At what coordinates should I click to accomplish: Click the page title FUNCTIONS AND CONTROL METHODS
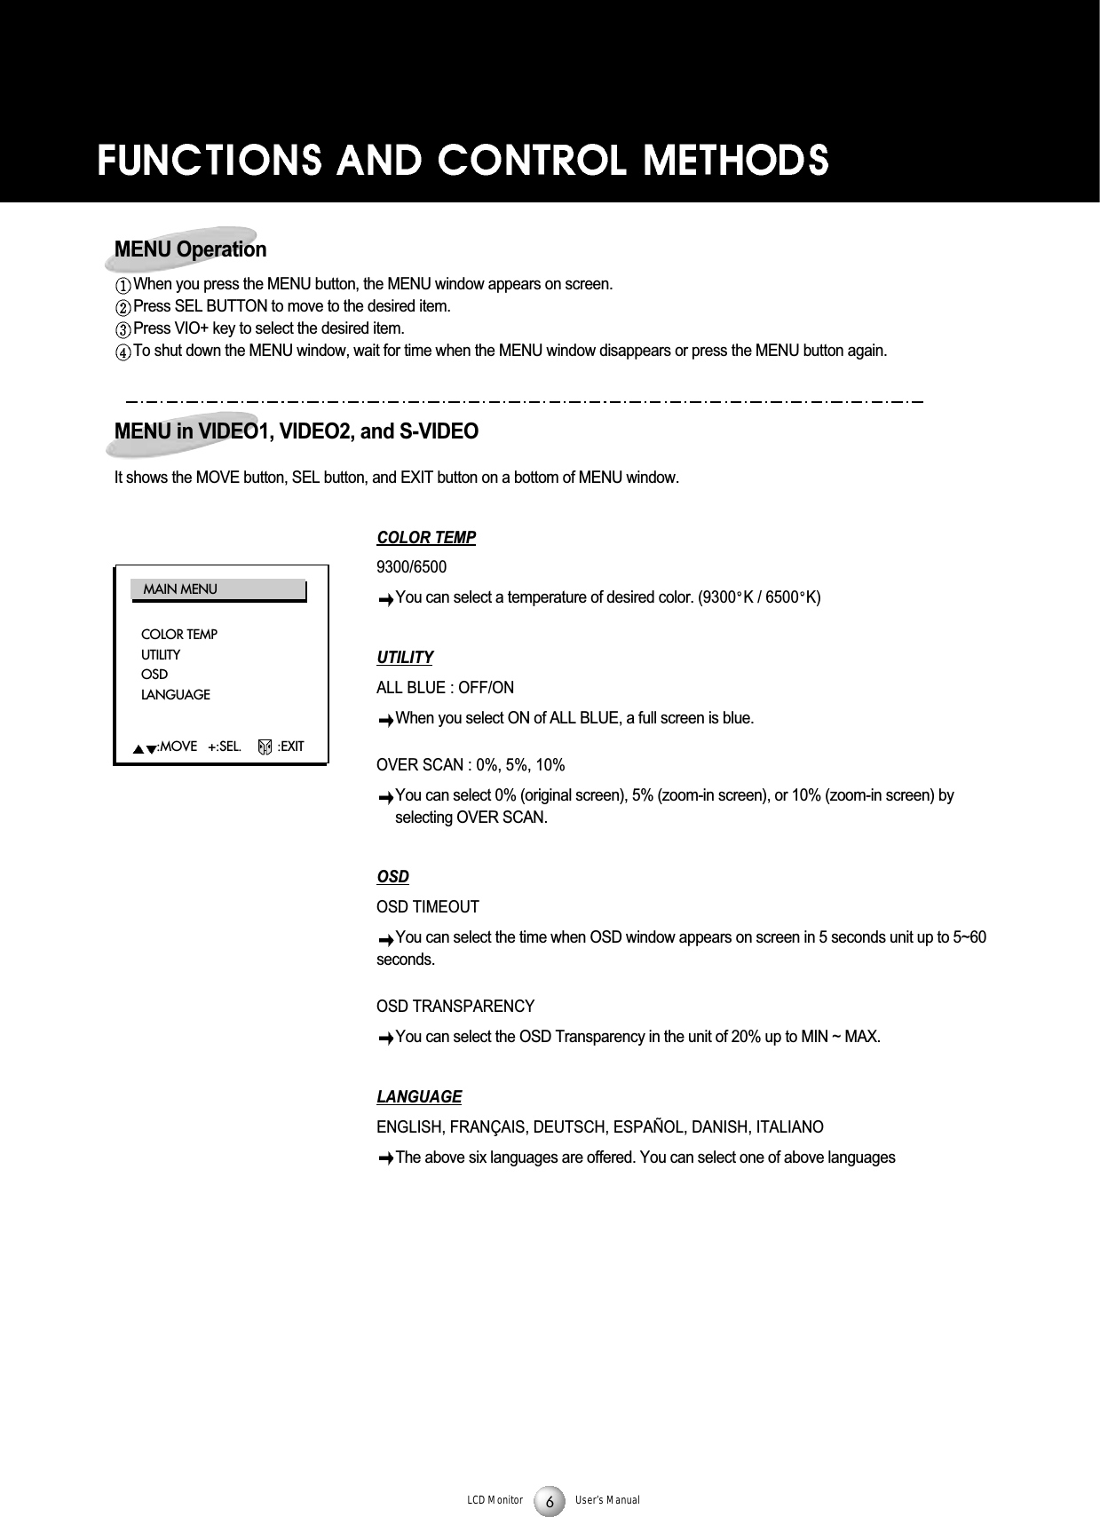pyautogui.click(x=463, y=162)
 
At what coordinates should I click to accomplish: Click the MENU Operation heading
pyautogui.click(x=190, y=249)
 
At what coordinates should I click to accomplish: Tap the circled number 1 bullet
pyautogui.click(x=123, y=286)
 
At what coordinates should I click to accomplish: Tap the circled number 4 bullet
pyautogui.click(x=123, y=352)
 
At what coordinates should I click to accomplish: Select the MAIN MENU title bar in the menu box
pyautogui.click(x=218, y=589)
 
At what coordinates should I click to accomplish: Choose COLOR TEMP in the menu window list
pyautogui.click(x=178, y=635)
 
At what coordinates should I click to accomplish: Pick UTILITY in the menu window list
pyautogui.click(x=160, y=654)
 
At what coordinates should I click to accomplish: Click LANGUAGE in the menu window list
pyautogui.click(x=175, y=694)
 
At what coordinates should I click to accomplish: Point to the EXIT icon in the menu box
pyautogui.click(x=265, y=747)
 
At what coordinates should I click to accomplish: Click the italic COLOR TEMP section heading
pyautogui.click(x=426, y=538)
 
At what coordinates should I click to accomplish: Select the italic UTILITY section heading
pyautogui.click(x=405, y=658)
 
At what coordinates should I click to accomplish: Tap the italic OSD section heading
pyautogui.click(x=393, y=877)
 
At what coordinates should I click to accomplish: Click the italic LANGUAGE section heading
pyautogui.click(x=419, y=1097)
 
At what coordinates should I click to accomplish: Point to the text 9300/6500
pyautogui.click(x=412, y=567)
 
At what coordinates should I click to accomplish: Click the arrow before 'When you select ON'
pyautogui.click(x=384, y=720)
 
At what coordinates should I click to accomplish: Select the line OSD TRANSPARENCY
pyautogui.click(x=455, y=1007)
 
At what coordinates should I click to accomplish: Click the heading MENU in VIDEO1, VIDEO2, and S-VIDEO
pyautogui.click(x=297, y=432)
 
